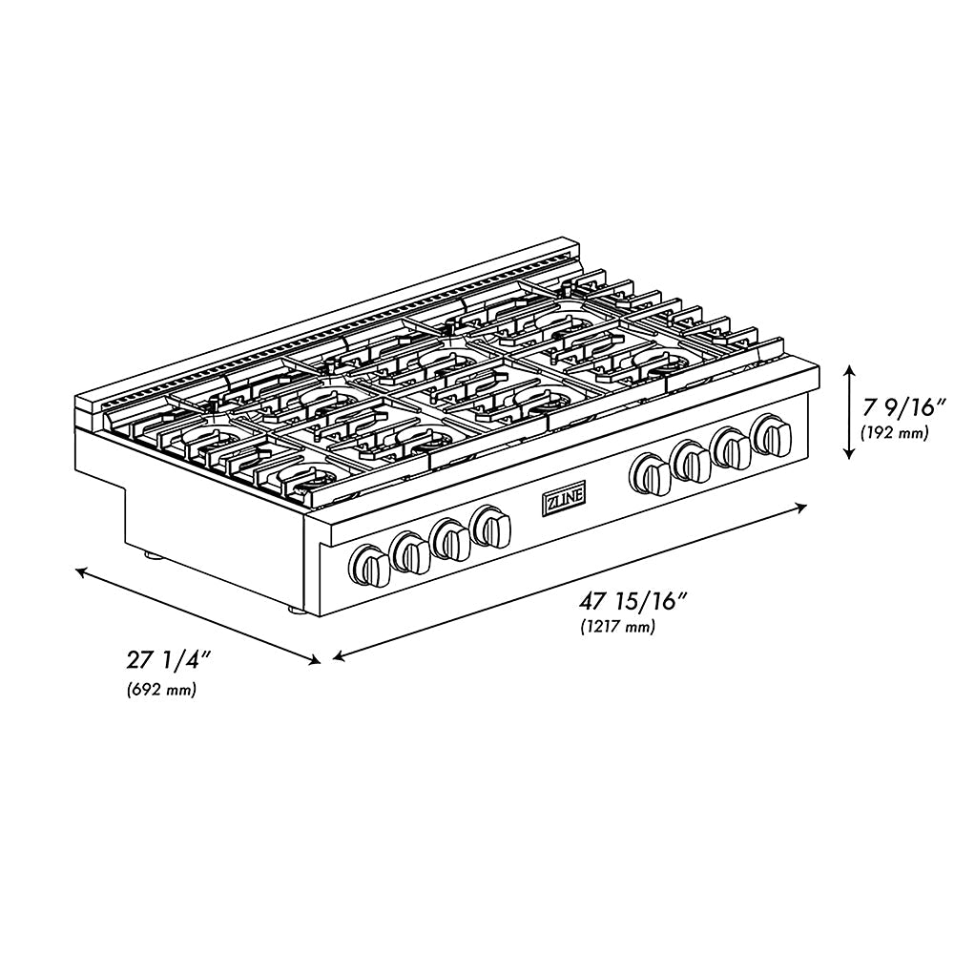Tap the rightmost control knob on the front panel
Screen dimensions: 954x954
772,435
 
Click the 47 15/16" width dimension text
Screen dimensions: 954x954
633,602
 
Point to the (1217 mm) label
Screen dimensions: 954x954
617,627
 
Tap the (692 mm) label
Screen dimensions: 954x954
161,690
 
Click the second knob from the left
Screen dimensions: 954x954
410,550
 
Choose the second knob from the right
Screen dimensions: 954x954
732,447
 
